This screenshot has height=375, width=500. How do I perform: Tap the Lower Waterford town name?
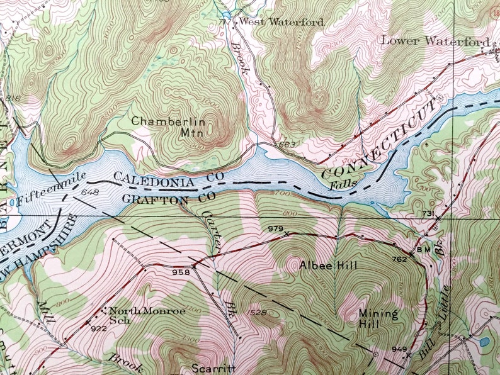point(435,41)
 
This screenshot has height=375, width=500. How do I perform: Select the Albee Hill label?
point(328,266)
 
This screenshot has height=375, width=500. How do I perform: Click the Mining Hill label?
point(378,318)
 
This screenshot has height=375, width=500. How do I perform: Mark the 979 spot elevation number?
point(275,228)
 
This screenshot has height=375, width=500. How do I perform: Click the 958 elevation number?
point(181,272)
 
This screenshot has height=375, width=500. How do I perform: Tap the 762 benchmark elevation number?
point(398,258)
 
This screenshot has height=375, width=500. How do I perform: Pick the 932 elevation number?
point(98,328)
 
